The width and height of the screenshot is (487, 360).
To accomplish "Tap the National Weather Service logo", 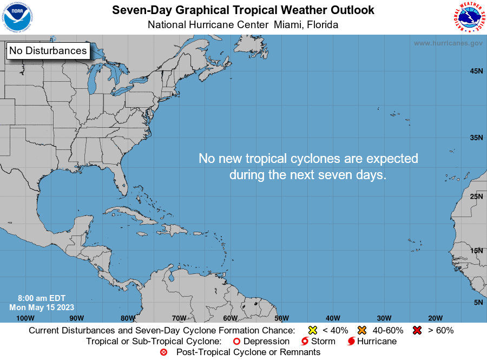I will (x=468, y=17).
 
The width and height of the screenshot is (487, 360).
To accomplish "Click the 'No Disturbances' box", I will (x=48, y=51).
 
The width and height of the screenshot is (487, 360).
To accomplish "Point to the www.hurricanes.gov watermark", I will (x=448, y=43).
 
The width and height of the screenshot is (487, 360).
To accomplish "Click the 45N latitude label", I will (x=476, y=71).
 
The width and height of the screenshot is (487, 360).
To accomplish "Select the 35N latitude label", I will (x=476, y=138).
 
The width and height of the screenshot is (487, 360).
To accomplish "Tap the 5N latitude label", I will (x=478, y=302).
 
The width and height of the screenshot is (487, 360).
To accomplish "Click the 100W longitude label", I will (x=25, y=318).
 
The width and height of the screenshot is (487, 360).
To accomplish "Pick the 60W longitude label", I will (x=230, y=318).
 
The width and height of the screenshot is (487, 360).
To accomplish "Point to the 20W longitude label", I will (x=435, y=318).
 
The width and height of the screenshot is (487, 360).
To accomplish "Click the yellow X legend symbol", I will (x=312, y=330).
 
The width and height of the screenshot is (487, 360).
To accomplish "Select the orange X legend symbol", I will (x=362, y=330).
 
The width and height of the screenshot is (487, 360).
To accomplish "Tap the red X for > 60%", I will (x=417, y=330).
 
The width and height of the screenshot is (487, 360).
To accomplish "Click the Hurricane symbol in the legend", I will (x=352, y=342).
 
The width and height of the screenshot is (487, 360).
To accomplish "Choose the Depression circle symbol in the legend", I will (x=236, y=342).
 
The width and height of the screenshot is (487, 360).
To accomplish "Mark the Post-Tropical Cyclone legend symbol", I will (x=163, y=352).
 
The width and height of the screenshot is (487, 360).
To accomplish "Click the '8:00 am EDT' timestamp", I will (x=42, y=298).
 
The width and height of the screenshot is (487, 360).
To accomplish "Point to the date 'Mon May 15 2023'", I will (x=42, y=307).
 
